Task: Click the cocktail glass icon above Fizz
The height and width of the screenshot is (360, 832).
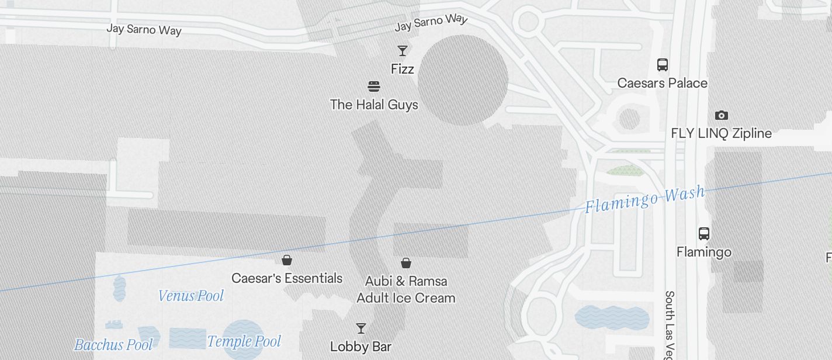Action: tap(403, 51)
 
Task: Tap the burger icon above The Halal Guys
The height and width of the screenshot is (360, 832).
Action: tap(375, 86)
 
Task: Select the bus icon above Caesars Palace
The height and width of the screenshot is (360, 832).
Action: tap(662, 64)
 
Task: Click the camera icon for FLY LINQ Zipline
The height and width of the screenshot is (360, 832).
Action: tap(722, 115)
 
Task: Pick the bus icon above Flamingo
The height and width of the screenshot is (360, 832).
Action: tap(704, 234)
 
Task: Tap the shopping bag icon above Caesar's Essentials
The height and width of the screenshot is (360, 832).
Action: tap(287, 260)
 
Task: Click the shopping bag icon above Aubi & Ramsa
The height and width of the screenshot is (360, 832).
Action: tap(406, 263)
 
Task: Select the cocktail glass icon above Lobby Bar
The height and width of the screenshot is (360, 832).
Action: tap(361, 328)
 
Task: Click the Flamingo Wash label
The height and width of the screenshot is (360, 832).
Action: tap(645, 199)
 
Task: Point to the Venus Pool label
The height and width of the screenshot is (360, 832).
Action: tap(191, 296)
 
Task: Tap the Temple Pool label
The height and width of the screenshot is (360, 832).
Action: tap(244, 341)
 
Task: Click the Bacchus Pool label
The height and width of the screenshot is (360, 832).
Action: tap(113, 345)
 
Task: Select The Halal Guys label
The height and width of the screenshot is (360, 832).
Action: tap(374, 105)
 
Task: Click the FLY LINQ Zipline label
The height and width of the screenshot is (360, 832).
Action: tap(721, 133)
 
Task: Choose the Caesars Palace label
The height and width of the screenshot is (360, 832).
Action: tap(662, 83)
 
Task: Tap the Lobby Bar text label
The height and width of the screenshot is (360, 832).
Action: tap(360, 347)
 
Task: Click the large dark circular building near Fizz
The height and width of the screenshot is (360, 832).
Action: tap(463, 79)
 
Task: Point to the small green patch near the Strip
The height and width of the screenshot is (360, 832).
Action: tap(625, 170)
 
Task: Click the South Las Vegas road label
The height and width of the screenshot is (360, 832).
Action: tap(670, 324)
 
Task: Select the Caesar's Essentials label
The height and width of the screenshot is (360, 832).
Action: tap(287, 278)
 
